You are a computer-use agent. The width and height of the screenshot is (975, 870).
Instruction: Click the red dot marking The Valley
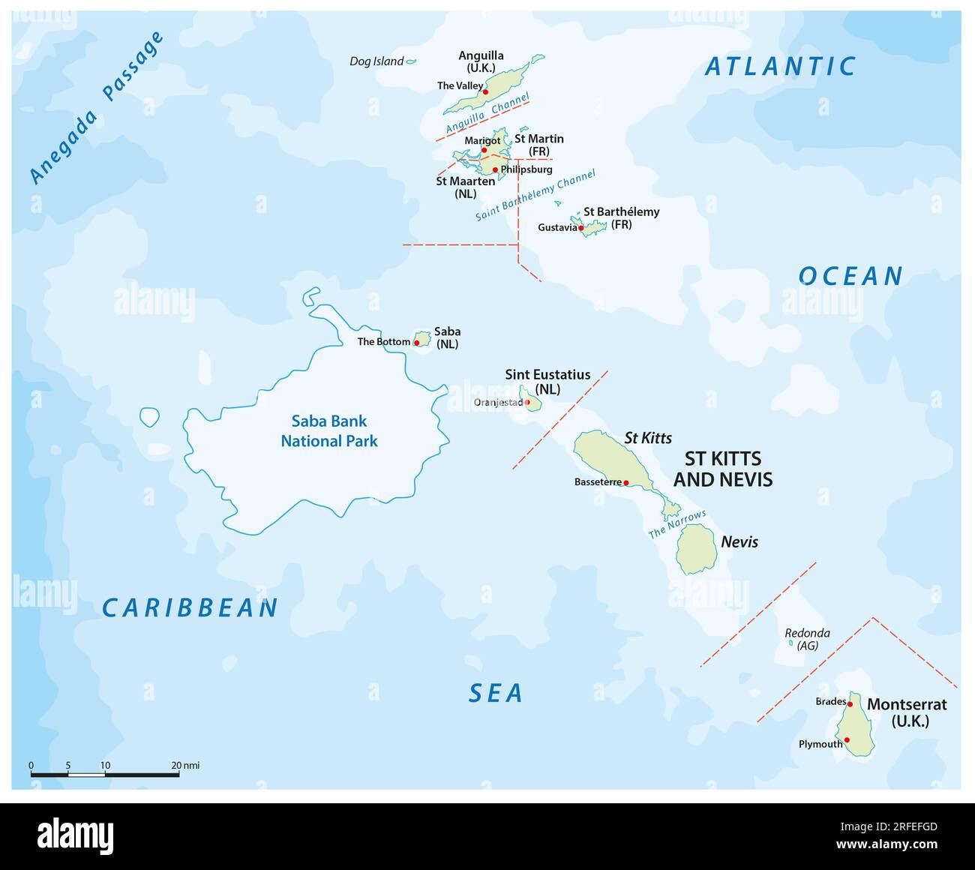(486, 91)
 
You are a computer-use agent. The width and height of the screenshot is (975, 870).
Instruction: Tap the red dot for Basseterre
(626, 483)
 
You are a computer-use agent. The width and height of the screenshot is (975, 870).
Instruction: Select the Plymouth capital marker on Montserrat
(847, 740)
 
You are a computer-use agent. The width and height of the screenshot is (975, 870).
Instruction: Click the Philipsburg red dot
(495, 169)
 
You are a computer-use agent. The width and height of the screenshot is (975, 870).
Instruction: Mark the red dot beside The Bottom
(417, 343)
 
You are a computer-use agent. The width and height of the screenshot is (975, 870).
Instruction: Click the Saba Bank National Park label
(329, 431)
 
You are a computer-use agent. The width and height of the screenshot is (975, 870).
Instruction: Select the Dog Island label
(376, 61)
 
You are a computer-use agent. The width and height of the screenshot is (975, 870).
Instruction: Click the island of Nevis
(695, 549)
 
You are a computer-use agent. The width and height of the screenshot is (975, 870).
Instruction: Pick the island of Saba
(423, 339)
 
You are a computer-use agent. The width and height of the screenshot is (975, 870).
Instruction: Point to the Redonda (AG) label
(807, 639)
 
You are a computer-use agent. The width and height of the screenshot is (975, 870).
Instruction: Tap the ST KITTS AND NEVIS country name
(723, 469)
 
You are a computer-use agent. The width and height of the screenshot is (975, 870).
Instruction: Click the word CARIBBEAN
(190, 607)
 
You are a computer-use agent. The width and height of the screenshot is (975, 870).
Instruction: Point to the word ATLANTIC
(780, 67)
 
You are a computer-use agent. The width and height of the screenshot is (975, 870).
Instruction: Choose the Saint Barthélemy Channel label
(535, 195)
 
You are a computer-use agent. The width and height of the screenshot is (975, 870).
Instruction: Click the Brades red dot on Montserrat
(850, 703)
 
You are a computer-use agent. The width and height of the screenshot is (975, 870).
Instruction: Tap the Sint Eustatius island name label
(547, 374)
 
